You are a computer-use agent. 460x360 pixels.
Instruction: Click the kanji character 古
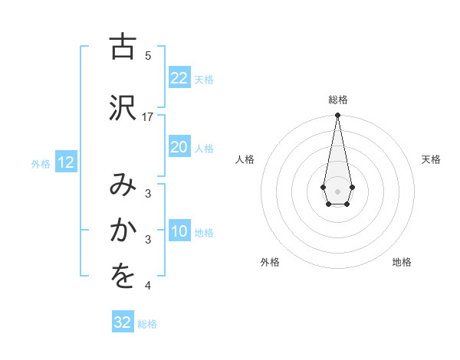(x=120, y=48)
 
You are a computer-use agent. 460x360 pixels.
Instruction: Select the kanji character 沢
(x=120, y=108)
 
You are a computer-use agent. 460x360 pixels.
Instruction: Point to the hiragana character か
(x=120, y=231)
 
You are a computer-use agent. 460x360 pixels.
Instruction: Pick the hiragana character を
(x=120, y=277)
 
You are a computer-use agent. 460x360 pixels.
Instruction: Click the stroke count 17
(x=148, y=116)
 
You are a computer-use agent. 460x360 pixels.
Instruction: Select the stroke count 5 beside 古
(x=148, y=56)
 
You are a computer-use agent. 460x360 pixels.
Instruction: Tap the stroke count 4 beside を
(x=148, y=286)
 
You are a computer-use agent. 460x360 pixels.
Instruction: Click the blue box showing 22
(x=179, y=78)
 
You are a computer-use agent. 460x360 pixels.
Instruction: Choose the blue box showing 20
(x=179, y=147)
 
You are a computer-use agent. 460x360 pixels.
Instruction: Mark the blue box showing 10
(x=179, y=231)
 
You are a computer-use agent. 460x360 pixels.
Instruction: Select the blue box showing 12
(x=65, y=162)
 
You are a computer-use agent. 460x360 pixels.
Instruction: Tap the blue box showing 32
(x=123, y=322)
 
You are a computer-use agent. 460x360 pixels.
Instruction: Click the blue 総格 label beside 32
(x=147, y=324)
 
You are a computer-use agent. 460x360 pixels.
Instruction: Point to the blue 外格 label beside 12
(x=41, y=163)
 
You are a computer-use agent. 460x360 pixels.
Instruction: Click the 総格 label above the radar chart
(x=337, y=100)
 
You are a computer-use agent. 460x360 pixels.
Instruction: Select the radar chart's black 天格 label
(x=431, y=159)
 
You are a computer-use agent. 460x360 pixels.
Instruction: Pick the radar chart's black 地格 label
(x=402, y=262)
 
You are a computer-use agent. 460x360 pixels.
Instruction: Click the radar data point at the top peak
(x=337, y=116)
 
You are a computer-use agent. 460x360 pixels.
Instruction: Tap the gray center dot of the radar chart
(x=337, y=190)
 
